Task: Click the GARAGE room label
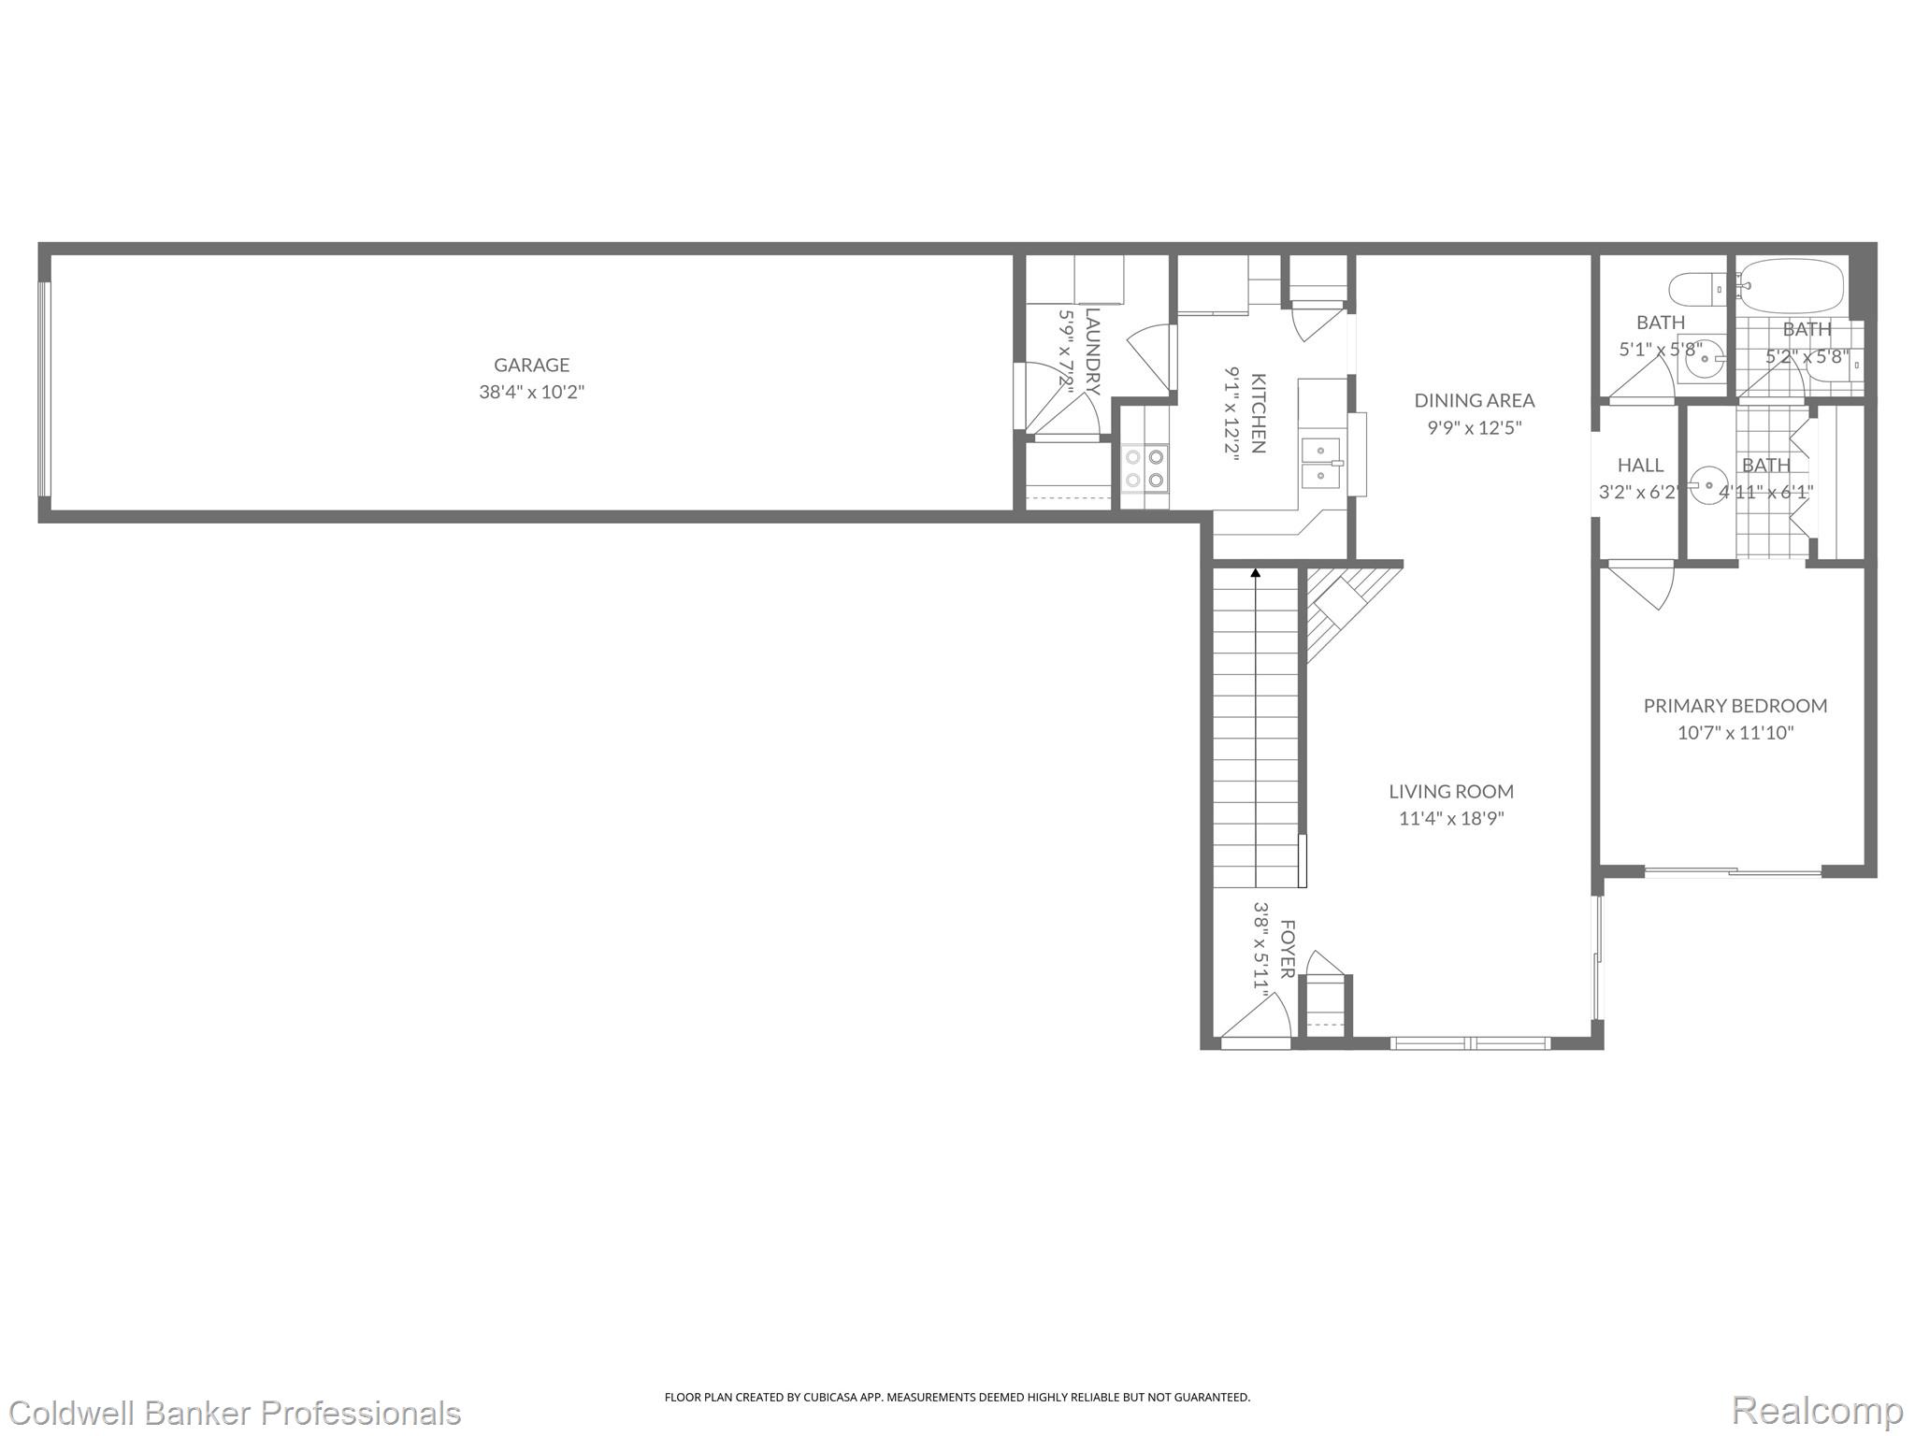click(x=531, y=365)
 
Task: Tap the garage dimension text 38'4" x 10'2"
click(x=531, y=392)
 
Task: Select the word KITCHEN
click(x=1259, y=413)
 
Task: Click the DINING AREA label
click(x=1474, y=400)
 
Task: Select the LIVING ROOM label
click(x=1450, y=791)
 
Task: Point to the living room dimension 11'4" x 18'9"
click(x=1450, y=819)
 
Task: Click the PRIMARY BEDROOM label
click(x=1735, y=706)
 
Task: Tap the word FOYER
click(x=1287, y=949)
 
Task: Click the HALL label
click(x=1640, y=465)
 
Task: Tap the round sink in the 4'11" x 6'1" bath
click(x=1707, y=486)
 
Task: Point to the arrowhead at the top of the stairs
click(x=1255, y=573)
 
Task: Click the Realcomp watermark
click(x=1817, y=1410)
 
